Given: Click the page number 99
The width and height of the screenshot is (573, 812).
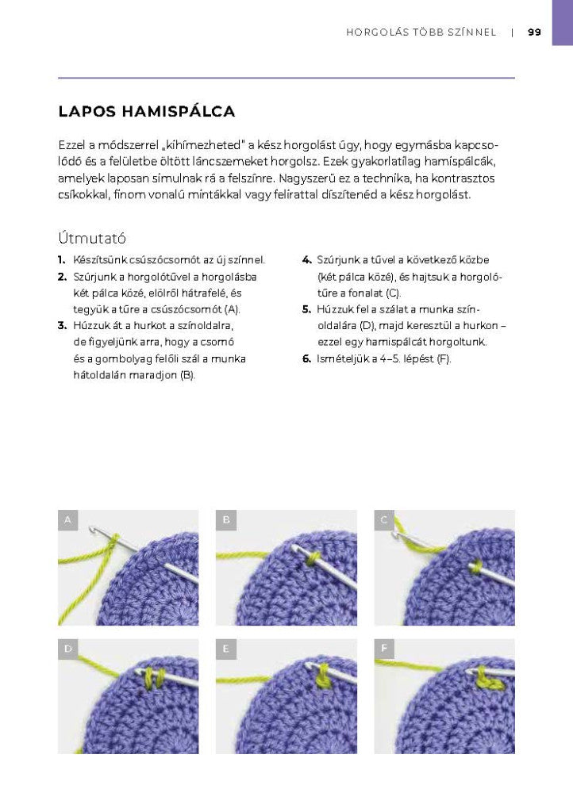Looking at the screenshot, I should tap(534, 33).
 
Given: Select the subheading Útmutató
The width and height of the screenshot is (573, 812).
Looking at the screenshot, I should tap(92, 238).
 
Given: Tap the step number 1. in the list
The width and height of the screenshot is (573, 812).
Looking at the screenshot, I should tap(62, 259).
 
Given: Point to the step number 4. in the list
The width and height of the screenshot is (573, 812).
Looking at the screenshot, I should tap(306, 259).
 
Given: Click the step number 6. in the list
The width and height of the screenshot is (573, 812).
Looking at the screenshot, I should tap(306, 359).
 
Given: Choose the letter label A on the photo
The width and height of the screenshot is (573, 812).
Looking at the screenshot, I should tap(68, 520).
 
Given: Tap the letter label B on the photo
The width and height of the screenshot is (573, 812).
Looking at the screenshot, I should tap(226, 520).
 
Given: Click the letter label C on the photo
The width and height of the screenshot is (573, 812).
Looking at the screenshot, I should tap(384, 520).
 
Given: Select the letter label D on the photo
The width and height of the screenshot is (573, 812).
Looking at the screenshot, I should tap(68, 649).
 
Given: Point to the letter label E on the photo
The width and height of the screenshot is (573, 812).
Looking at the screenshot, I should tap(226, 649).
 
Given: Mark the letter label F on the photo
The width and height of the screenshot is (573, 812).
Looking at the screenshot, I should tap(384, 649).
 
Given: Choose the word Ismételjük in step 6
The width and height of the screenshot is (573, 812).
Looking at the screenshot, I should tap(342, 359).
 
